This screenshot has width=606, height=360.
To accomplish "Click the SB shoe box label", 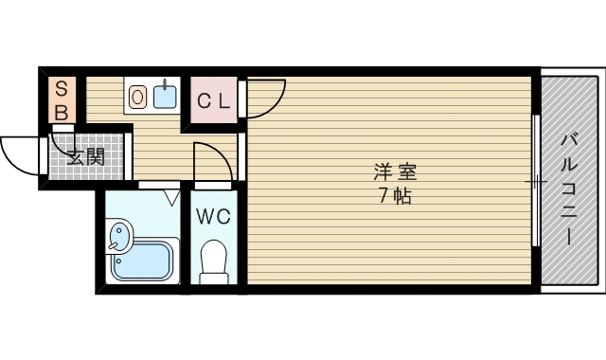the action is pyautogui.click(x=62, y=101).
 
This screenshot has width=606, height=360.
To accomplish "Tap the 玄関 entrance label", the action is pyautogui.click(x=86, y=157).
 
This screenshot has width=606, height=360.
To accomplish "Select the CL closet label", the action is pyautogui.click(x=214, y=101).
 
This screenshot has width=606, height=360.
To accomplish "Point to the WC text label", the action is pyautogui.click(x=214, y=217).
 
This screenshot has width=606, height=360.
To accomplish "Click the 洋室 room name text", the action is pyautogui.click(x=395, y=172).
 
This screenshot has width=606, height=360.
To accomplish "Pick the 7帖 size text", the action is pyautogui.click(x=395, y=196).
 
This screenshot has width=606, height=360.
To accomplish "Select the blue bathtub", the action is pyautogui.click(x=142, y=261).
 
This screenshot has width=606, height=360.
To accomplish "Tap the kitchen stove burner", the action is pyautogui.click(x=137, y=97).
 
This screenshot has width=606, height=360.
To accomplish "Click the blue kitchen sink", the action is pyautogui.click(x=165, y=97).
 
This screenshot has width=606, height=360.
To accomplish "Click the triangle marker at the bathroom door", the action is pyautogui.click(x=172, y=196).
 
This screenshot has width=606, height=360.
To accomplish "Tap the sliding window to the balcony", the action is pyautogui.click(x=536, y=181).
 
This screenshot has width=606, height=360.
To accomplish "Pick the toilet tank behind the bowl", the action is pyautogui.click(x=213, y=279).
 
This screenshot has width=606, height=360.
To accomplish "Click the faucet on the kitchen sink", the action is pyautogui.click(x=165, y=84).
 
